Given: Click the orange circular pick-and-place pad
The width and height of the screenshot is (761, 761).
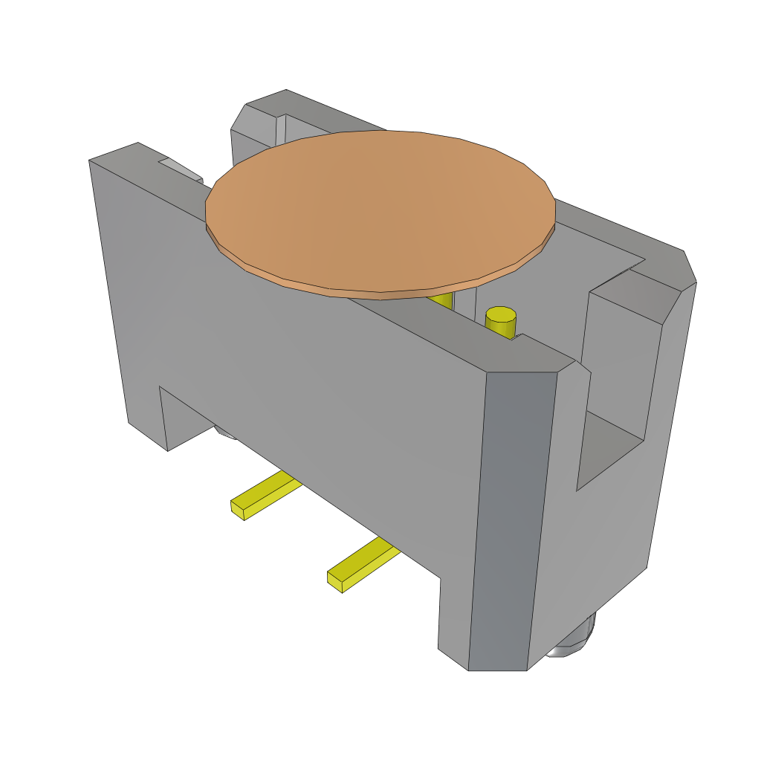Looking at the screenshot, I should [x=379, y=208].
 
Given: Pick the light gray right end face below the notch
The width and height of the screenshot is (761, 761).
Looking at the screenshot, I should [x=595, y=557].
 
